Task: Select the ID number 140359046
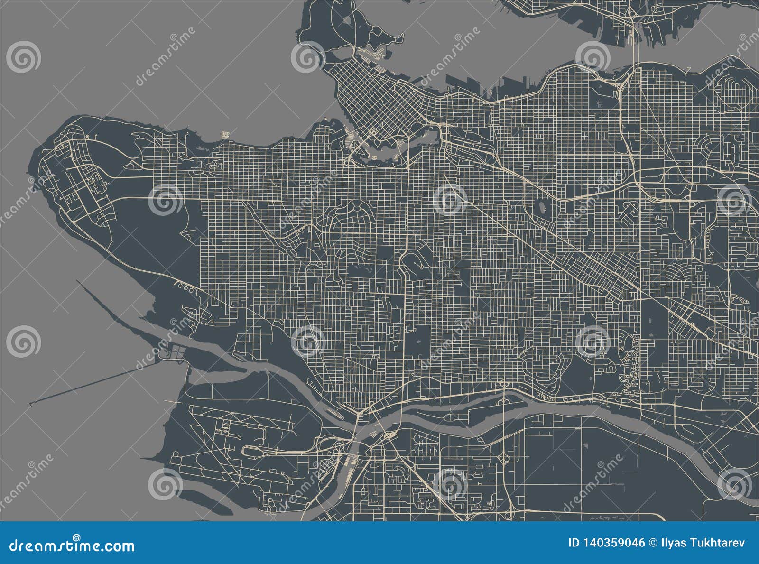tap(614, 543)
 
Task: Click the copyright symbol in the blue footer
tap(652, 543)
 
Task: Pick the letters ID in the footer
tap(574, 543)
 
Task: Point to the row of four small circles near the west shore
tap(185, 286)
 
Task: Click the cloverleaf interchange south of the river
tap(504, 459)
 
